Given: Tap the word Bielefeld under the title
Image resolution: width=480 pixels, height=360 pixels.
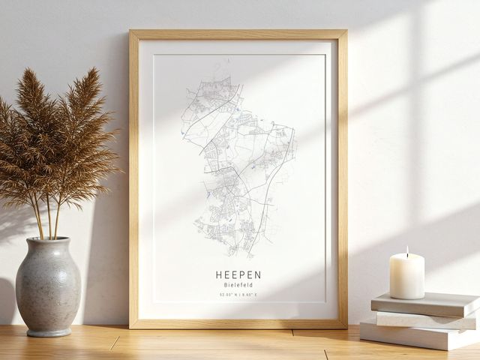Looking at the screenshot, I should point(238,285).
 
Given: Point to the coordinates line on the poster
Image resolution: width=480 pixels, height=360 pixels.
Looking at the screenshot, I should point(238,295).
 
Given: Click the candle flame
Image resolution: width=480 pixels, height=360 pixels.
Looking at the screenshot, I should point(406,251).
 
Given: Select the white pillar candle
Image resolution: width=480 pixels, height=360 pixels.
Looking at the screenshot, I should point(406,276).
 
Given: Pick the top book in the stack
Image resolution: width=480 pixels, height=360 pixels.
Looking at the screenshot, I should point(425,303).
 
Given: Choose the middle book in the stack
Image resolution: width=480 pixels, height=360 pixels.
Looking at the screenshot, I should point(424,319).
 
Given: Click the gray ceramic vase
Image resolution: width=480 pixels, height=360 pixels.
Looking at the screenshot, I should point(48,289).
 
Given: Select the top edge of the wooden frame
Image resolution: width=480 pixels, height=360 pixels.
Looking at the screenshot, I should point(238,34).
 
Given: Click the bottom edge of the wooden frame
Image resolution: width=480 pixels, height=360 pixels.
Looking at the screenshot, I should point(238,324).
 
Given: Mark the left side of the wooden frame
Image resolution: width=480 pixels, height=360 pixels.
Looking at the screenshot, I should point(133,180).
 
